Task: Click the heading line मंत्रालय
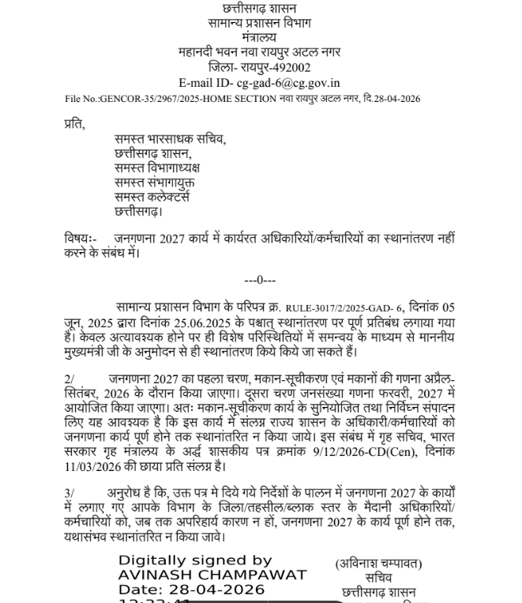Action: [260, 37]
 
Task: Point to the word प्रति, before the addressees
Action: [74, 125]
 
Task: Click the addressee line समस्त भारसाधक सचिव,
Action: [170, 140]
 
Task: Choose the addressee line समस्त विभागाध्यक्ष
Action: [157, 168]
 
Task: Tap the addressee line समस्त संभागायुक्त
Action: [154, 183]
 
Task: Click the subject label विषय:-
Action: [81, 239]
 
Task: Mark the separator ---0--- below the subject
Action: [260, 280]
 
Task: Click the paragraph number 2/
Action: [69, 379]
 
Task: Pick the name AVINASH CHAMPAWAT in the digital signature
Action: [212, 575]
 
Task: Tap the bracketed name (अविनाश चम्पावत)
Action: [378, 563]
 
